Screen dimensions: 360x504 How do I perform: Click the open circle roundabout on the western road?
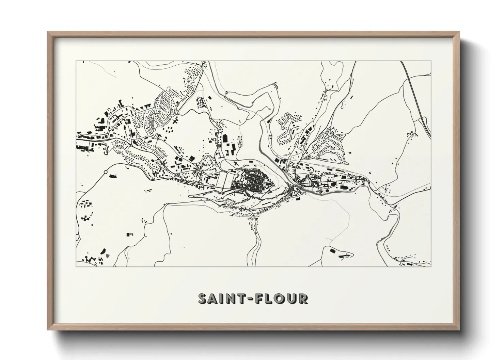click(105, 173)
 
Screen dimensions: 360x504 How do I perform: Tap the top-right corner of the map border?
click(431, 61)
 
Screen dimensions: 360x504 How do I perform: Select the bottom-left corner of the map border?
click(76, 266)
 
